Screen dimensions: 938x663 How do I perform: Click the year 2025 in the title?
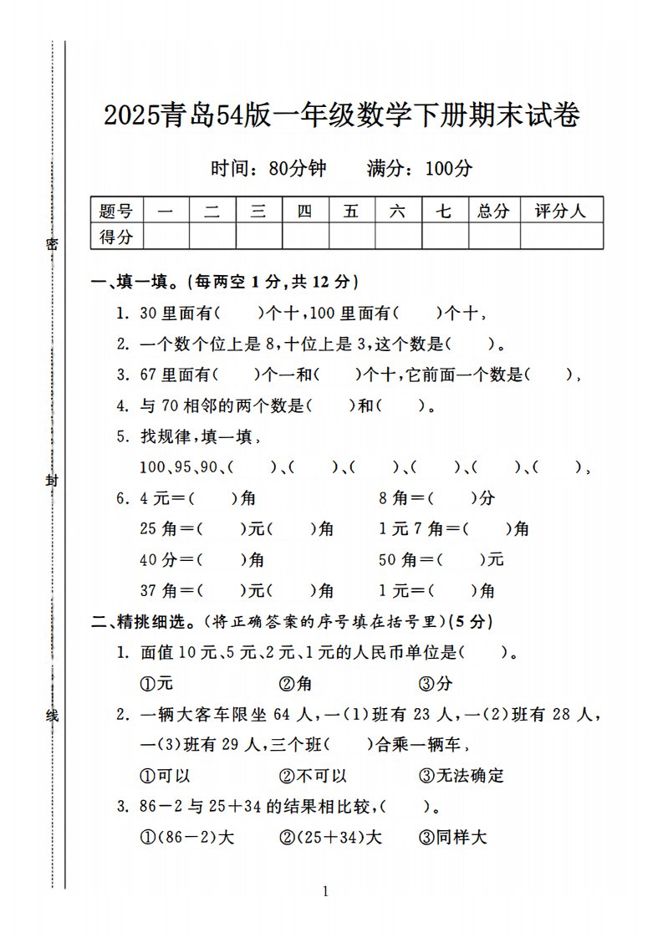[x=131, y=116]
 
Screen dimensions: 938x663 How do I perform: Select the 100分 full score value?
[x=448, y=168]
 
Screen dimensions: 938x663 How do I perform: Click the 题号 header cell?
[x=116, y=212]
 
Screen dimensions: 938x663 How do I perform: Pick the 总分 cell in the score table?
[x=493, y=212]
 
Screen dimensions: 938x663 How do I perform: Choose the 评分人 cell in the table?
[x=561, y=212]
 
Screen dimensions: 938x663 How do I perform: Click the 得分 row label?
[x=116, y=237]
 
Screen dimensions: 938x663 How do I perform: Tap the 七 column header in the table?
[x=444, y=212]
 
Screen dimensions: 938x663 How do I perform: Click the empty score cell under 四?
[x=305, y=237]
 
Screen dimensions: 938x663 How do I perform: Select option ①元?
[x=156, y=683]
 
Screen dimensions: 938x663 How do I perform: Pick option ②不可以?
[x=313, y=775]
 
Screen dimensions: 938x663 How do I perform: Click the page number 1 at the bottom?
[x=325, y=891]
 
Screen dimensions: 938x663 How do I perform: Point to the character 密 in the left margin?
[x=52, y=243]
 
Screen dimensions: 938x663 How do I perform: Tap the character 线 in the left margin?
[x=52, y=716]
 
